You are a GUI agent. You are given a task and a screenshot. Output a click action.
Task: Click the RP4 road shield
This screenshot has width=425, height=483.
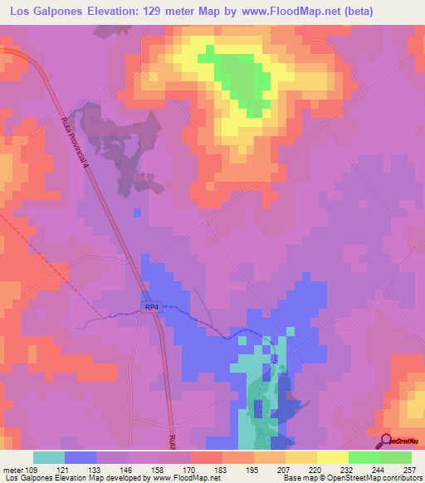tap(151, 307)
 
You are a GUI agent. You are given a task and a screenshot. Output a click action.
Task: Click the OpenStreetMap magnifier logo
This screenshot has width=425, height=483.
tap(385, 442)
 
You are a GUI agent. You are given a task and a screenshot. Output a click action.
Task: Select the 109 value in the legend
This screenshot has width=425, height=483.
tap(31, 469)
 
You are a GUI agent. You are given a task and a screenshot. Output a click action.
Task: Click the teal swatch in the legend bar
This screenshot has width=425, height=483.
tap(49, 457)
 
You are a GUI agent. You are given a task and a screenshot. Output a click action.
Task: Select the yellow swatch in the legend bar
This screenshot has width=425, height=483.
tap(333, 457)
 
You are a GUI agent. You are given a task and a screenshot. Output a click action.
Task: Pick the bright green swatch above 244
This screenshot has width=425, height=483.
tap(364, 457)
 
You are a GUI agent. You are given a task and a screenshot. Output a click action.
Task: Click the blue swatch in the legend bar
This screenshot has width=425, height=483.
tap(81, 457)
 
